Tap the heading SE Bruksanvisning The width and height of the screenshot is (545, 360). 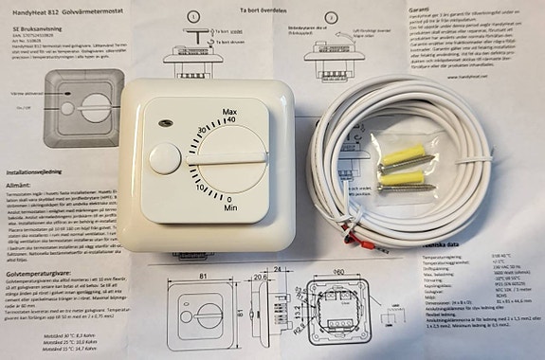pyautogui.click(x=31, y=30)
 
